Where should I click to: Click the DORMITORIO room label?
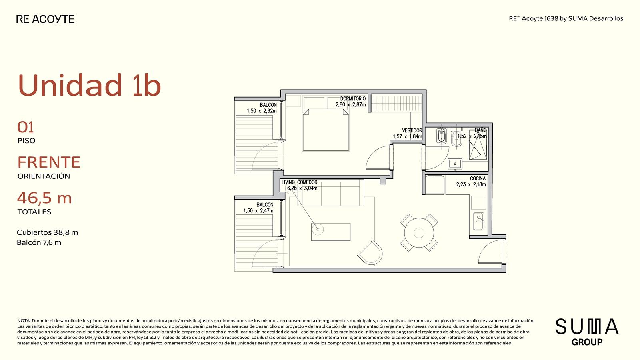pos(353,98)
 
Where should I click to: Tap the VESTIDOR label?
pos(412,130)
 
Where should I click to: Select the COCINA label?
pos(478,178)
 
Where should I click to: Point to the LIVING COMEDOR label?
pos(300,182)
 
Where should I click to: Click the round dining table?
pos(419,232)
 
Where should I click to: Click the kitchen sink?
pos(478,221)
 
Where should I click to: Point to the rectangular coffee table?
pos(331,232)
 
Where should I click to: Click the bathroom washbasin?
pos(455,164)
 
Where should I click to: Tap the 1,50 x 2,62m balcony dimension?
pos(262,111)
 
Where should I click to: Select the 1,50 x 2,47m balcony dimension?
pos(258,211)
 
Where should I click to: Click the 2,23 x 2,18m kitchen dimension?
pos(471,184)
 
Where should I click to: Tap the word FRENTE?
pos(49,162)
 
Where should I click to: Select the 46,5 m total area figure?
pos(44,198)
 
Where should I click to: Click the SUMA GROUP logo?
pos(587,332)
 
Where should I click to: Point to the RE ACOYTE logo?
pos(46,19)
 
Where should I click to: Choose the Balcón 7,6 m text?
pos(39,242)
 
